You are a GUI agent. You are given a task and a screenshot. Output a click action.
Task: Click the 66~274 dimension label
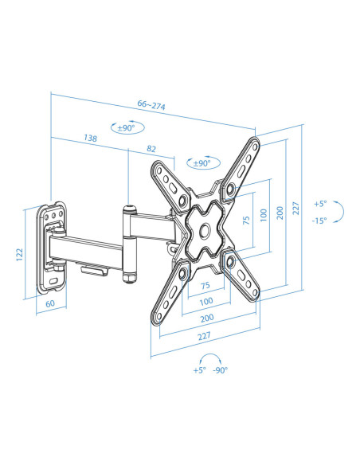click(151, 105)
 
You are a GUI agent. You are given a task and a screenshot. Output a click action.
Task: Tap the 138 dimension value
click(90, 138)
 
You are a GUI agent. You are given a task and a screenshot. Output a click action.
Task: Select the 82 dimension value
click(151, 149)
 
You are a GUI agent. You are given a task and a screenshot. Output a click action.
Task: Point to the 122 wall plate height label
click(20, 255)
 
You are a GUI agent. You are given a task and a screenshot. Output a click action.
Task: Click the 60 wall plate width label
click(50, 303)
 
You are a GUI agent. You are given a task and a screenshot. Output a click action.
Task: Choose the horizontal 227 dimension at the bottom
click(205, 336)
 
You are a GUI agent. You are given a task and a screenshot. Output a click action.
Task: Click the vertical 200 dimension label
click(280, 213)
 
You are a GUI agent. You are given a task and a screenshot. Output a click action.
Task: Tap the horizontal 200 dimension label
click(207, 318)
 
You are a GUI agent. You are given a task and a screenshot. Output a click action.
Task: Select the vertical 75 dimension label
click(246, 220)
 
